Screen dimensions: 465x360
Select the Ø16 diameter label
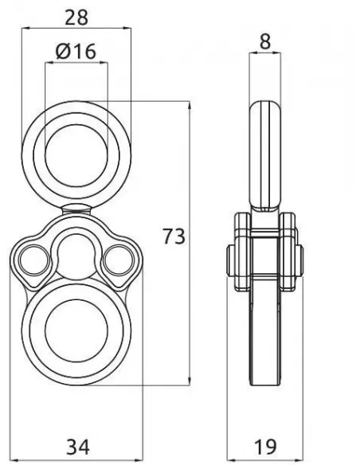click(x=76, y=52)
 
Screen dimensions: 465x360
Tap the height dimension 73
click(x=174, y=236)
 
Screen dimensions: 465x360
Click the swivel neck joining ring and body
click(x=76, y=209)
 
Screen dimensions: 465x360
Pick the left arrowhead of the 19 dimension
click(x=229, y=459)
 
